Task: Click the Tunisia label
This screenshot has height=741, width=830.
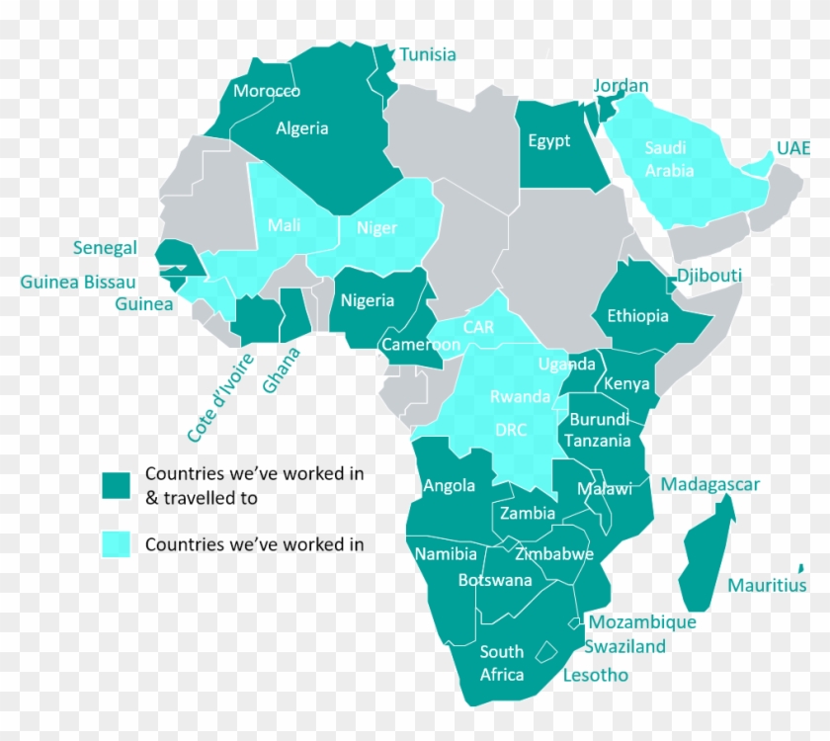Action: click(x=428, y=54)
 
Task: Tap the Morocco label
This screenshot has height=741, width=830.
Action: click(x=267, y=91)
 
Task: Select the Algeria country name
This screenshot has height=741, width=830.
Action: click(x=302, y=128)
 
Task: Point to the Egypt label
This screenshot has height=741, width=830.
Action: click(x=548, y=140)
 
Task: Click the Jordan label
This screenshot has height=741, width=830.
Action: click(x=622, y=86)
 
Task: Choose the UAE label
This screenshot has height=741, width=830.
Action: click(x=792, y=148)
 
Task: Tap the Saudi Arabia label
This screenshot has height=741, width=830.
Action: click(x=669, y=159)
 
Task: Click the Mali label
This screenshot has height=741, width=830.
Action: click(x=284, y=225)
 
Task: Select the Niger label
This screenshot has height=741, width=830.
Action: click(x=376, y=228)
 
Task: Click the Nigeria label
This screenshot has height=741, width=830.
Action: click(x=368, y=300)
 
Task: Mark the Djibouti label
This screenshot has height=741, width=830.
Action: click(x=708, y=276)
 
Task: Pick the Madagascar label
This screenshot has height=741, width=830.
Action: click(x=710, y=484)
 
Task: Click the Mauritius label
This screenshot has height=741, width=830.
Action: click(x=767, y=585)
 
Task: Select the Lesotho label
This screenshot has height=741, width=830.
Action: click(x=595, y=676)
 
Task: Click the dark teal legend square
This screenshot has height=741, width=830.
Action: click(x=116, y=485)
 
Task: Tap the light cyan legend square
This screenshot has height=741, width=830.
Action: click(x=116, y=543)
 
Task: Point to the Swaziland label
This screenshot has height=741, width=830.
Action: click(x=624, y=646)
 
